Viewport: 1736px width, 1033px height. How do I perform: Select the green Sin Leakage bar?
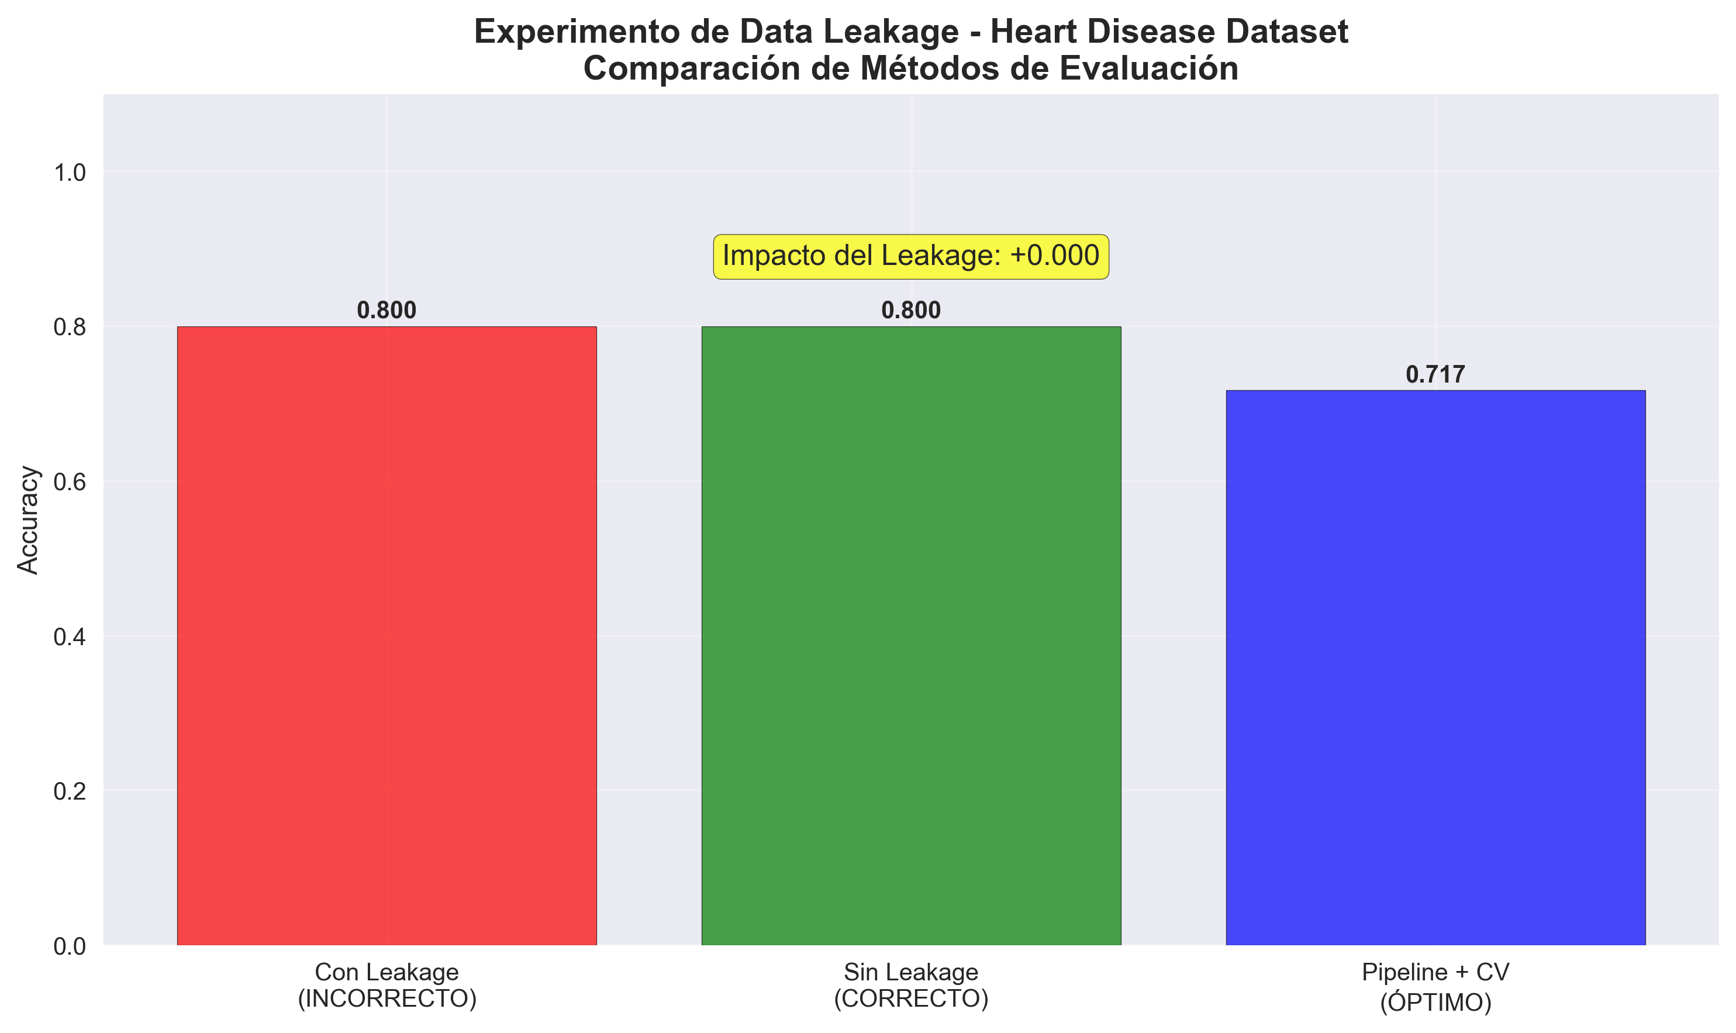[x=911, y=635]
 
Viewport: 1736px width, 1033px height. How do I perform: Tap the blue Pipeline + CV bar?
[x=1435, y=667]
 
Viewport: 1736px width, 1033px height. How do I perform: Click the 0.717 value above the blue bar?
[x=1435, y=374]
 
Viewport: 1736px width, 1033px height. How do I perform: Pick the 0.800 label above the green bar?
[x=911, y=311]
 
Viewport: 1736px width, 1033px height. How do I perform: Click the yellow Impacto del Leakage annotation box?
[x=911, y=256]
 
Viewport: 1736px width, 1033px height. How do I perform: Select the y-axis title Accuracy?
[x=29, y=519]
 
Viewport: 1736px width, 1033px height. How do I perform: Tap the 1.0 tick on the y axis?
[x=70, y=172]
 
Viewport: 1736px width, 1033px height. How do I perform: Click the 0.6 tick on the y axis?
[x=70, y=481]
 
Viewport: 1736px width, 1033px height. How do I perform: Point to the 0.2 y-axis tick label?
[x=70, y=791]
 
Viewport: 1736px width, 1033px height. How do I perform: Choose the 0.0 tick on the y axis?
[x=70, y=946]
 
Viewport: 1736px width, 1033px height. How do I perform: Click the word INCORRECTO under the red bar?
[x=387, y=999]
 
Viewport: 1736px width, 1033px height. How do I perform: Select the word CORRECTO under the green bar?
[x=911, y=999]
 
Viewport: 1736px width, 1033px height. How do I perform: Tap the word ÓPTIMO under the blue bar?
[x=1435, y=1003]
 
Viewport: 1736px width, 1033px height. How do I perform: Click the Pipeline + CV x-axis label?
[x=1435, y=972]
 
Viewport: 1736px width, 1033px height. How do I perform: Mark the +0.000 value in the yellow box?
[x=1054, y=256]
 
